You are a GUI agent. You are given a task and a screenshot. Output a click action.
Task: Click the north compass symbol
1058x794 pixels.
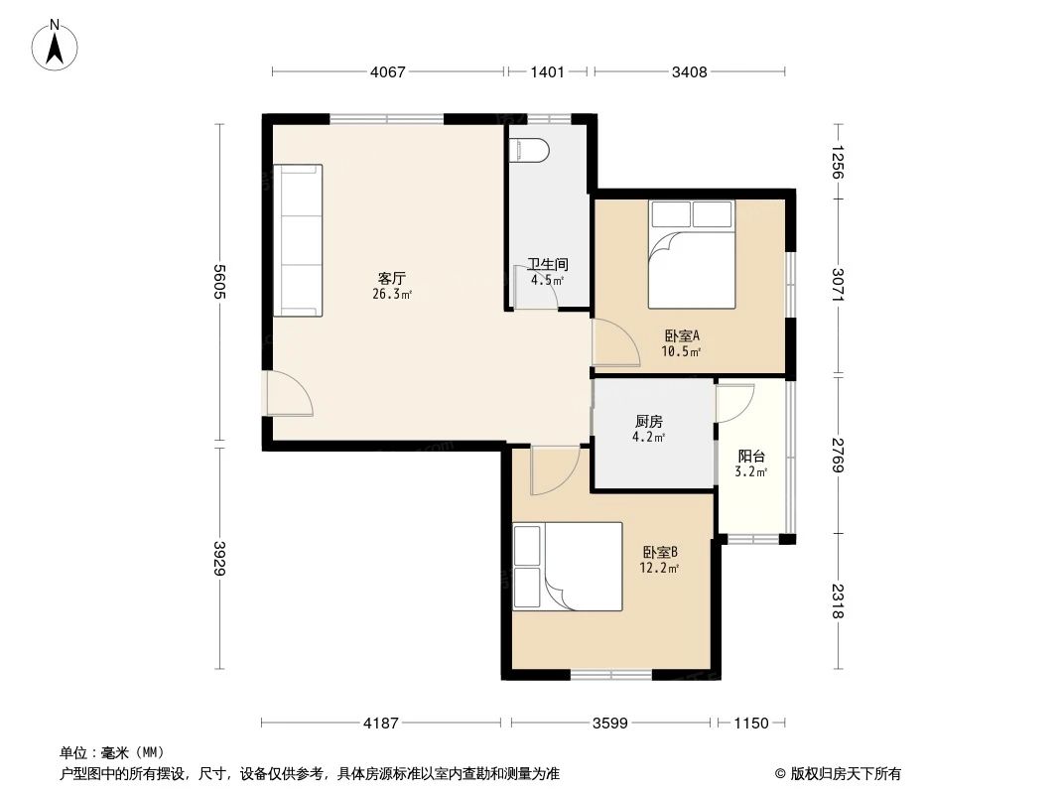coord(58,44)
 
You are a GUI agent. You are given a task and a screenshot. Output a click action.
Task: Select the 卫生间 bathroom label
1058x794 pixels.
coord(547,265)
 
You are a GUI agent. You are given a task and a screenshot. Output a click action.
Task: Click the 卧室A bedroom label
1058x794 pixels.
coord(682,335)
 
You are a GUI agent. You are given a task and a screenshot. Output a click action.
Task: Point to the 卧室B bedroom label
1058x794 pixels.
coord(659,553)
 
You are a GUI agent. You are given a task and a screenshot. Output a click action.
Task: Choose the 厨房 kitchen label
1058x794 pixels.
coord(650,421)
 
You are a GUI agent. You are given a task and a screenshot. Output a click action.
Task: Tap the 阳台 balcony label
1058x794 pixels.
coord(751,457)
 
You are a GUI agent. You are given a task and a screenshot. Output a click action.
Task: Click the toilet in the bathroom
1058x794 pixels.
coord(528,150)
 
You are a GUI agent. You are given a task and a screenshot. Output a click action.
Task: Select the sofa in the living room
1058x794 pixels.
coord(298,240)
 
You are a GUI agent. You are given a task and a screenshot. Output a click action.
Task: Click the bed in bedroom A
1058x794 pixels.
coord(692,254)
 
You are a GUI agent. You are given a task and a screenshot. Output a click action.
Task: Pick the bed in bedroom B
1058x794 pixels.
coord(568,566)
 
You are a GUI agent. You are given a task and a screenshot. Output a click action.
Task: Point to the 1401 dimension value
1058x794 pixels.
coord(547,71)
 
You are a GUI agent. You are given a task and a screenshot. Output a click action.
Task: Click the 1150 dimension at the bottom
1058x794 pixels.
coord(751,724)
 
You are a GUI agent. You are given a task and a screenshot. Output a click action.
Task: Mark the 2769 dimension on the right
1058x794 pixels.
coord(839,455)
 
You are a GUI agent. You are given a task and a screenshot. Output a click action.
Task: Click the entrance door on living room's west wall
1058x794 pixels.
coord(287,393)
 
